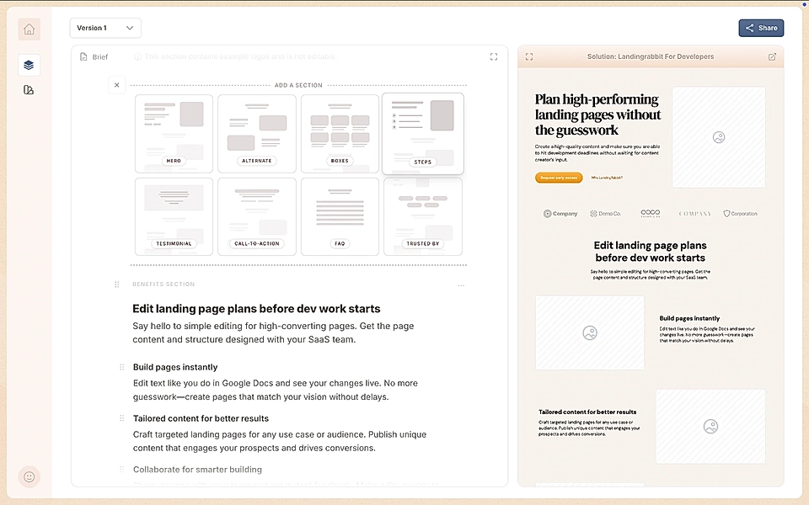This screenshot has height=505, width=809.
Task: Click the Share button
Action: (761, 28)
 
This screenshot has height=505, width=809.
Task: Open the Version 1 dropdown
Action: (105, 28)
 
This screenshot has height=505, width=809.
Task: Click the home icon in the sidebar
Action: (29, 29)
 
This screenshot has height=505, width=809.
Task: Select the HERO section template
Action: (174, 133)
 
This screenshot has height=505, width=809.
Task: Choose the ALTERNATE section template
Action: (257, 133)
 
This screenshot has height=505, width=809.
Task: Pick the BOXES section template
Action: (340, 133)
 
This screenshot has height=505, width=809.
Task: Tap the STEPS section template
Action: (422, 133)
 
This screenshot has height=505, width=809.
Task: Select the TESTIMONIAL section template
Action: (174, 216)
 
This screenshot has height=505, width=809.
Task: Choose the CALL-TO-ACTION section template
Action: (257, 216)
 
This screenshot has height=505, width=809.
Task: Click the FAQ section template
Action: (340, 216)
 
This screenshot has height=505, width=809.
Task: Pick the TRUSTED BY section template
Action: (422, 216)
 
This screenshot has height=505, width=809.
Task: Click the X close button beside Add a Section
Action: (117, 84)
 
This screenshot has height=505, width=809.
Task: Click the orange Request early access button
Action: (558, 178)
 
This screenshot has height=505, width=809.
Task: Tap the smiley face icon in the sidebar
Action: (29, 476)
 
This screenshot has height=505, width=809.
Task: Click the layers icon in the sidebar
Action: (29, 65)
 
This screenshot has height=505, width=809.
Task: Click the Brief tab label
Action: (99, 57)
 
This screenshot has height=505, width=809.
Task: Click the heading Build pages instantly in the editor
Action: (175, 367)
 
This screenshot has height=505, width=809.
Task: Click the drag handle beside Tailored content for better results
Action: (122, 418)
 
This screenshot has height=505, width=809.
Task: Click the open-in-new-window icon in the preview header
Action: (772, 57)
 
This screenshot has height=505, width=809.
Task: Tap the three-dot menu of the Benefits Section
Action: (461, 285)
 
